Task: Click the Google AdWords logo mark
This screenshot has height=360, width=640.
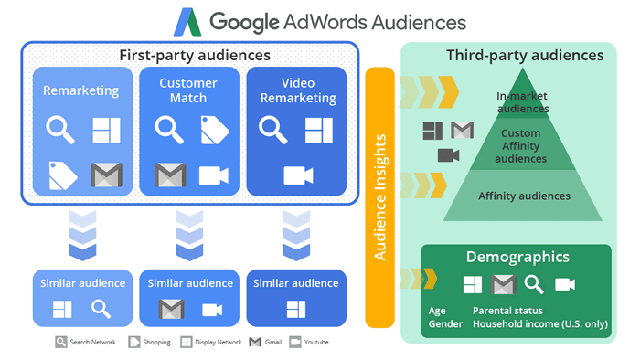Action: coord(190,22)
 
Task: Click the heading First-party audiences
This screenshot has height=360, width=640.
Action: coord(195,56)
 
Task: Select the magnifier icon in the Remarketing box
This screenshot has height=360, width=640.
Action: coord(60,130)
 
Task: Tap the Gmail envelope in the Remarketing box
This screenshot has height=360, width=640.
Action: coord(106,174)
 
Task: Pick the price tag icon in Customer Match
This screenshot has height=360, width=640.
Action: coord(214,130)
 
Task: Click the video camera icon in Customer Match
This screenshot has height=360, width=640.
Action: coord(213,174)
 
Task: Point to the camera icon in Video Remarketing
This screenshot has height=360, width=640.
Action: coord(298,174)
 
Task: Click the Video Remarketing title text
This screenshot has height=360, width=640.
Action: coord(298,90)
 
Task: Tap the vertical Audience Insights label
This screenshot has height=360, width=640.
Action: coord(379,196)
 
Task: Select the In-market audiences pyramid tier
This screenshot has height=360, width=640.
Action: coord(523,102)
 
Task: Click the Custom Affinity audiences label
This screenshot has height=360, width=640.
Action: coord(521,145)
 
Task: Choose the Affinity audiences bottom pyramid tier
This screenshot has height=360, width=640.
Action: coord(524,196)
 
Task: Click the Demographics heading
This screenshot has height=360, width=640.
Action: coord(517,258)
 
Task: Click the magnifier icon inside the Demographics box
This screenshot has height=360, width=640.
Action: coord(533,284)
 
